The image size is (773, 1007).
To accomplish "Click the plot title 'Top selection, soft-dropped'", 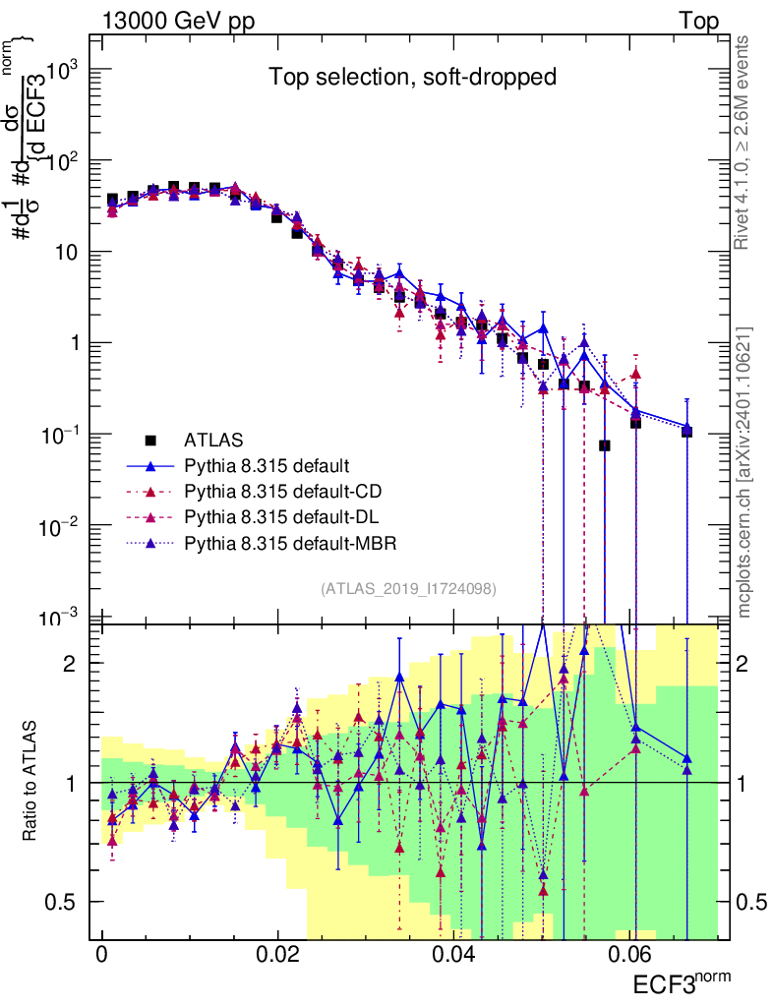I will click(413, 78).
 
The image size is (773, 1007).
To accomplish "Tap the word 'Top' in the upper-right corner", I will click(698, 22).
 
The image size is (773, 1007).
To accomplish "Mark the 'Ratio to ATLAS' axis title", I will click(32, 782).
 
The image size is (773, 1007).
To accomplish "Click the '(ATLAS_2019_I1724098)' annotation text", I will click(407, 588).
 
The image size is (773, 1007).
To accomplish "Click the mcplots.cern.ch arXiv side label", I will click(744, 472).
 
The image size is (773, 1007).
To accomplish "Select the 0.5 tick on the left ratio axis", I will click(67, 902).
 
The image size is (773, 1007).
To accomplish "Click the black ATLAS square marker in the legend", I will click(150, 440).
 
